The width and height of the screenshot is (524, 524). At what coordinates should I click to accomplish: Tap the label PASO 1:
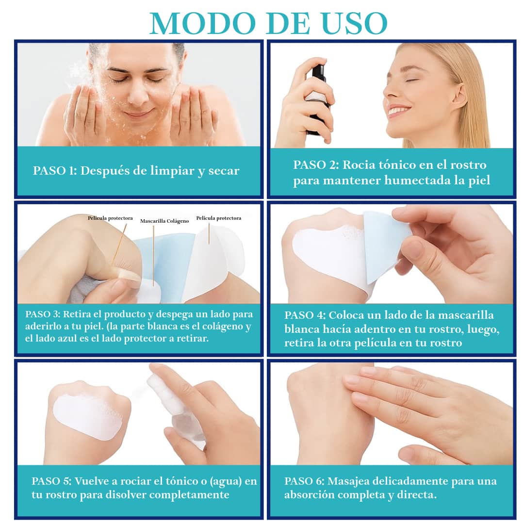[55, 170]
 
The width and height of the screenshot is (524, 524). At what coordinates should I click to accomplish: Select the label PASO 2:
[316, 165]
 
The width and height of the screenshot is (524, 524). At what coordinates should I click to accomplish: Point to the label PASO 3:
[43, 314]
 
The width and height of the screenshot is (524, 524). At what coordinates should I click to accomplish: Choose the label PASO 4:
[305, 315]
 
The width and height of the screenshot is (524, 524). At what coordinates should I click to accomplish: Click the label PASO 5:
[51, 481]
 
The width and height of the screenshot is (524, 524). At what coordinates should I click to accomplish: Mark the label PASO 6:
[304, 481]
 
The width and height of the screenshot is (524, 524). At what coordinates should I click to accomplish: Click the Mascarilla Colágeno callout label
[164, 221]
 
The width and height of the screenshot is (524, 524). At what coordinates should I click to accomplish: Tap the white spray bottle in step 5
[177, 411]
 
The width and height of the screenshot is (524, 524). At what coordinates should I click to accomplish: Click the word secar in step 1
[224, 171]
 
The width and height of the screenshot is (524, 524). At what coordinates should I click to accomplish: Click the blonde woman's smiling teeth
[400, 110]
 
